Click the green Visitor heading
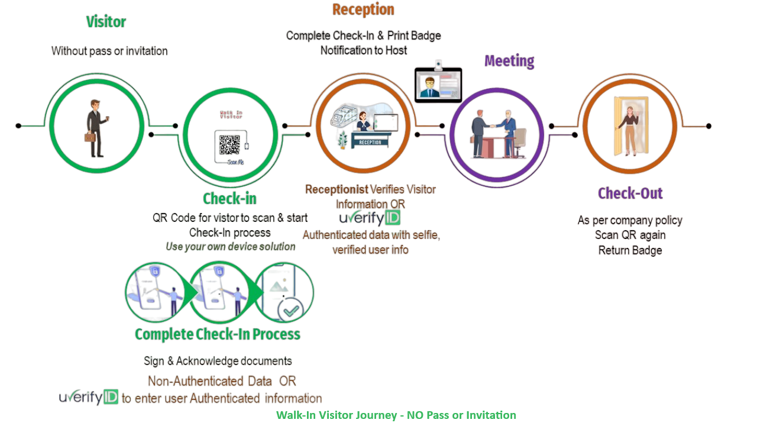pos(106,22)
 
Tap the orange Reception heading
pos(363,9)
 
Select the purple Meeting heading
pos(509,61)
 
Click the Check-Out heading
pos(630,193)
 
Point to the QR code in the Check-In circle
pos(229,145)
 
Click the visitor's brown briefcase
pos(90,137)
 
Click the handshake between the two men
pos(490,125)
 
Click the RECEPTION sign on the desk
pos(370,142)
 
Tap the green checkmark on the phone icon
pos(290,309)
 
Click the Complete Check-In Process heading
pos(217,334)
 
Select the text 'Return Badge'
pos(630,250)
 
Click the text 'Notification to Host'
pos(364,51)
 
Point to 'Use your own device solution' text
pos(230,247)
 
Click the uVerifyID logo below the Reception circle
pos(370,218)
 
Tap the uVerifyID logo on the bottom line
pos(89,398)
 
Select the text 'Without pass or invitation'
pos(109,51)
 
